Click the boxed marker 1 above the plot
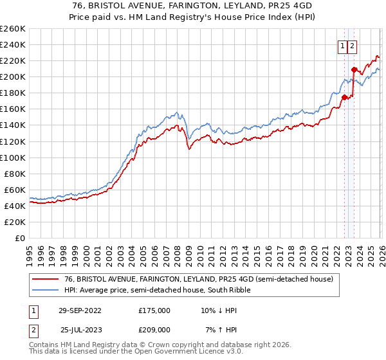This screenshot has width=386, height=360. (342, 46)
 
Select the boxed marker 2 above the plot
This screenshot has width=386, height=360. (353, 46)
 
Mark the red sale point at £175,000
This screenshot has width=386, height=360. (344, 97)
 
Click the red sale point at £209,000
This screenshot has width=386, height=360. (354, 69)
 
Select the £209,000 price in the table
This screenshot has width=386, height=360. (154, 329)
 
